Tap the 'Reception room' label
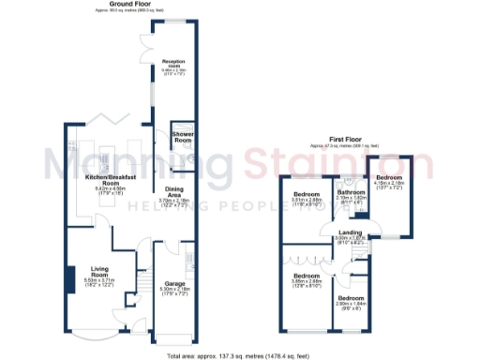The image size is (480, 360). [173, 62]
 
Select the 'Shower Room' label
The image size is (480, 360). [182, 138]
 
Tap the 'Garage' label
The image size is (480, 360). [174, 282]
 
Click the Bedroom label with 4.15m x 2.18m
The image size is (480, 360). [389, 176]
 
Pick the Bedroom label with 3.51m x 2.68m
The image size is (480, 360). [305, 194]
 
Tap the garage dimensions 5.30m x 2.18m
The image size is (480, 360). [174, 292]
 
